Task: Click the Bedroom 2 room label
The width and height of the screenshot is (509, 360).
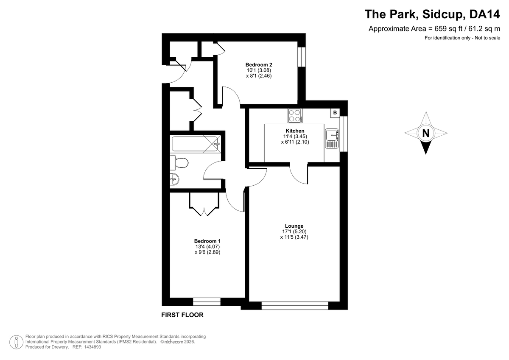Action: click(x=259, y=65)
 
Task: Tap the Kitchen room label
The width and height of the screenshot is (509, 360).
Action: click(x=295, y=131)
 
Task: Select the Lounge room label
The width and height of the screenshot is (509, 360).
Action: click(x=294, y=226)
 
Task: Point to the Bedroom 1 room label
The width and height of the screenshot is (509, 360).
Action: click(x=207, y=241)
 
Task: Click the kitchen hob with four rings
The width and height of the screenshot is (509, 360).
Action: click(x=295, y=116)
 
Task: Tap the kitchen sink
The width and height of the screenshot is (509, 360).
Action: click(x=332, y=139)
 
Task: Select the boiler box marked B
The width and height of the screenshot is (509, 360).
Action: click(x=335, y=113)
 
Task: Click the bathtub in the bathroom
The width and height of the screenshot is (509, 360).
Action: click(x=196, y=144)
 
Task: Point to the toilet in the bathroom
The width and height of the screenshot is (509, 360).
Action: click(x=179, y=163)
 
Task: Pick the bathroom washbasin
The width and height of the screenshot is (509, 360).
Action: click(x=174, y=179)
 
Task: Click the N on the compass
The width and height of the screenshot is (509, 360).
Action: click(x=425, y=133)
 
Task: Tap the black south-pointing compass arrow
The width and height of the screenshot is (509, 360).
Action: click(x=425, y=148)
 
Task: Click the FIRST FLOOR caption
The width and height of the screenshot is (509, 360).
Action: click(x=182, y=315)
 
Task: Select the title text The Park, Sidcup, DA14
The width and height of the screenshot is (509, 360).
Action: click(x=432, y=14)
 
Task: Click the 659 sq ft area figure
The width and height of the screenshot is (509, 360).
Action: click(x=445, y=29)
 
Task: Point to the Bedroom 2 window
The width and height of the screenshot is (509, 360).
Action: click(x=302, y=57)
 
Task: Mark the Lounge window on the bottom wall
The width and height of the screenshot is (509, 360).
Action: click(x=295, y=306)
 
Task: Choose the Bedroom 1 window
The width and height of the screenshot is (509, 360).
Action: click(x=207, y=301)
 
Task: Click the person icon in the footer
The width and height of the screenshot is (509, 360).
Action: click(x=17, y=342)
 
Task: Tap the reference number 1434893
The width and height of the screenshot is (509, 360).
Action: click(x=92, y=347)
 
